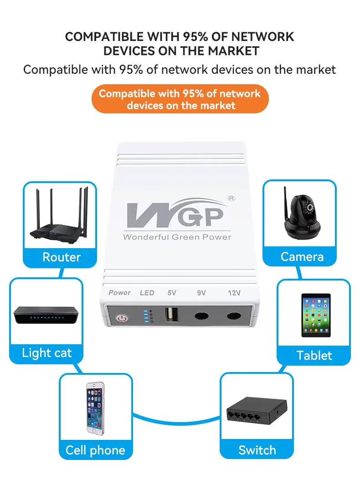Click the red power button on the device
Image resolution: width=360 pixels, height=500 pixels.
122,318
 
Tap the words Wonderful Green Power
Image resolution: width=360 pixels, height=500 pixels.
177,237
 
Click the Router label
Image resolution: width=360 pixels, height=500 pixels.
61,257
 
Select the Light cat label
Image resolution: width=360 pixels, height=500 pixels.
46,353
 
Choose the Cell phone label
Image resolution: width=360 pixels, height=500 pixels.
95,450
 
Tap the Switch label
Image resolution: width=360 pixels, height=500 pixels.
257,450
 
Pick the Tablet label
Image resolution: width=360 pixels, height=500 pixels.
314,355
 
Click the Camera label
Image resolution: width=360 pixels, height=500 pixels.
302,257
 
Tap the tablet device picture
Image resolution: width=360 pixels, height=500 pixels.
315,315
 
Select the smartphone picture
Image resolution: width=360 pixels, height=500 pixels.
95,408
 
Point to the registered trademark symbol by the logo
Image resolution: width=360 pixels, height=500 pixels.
231,199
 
